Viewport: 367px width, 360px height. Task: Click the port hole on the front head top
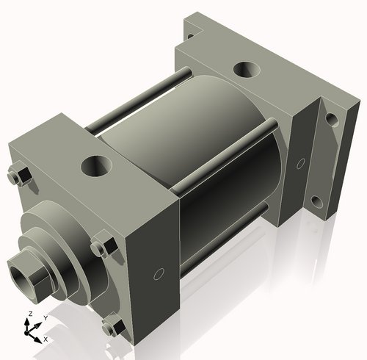point(95,165)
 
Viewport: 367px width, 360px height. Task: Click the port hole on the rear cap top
point(245,72)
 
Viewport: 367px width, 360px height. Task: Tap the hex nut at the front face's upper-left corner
point(20,176)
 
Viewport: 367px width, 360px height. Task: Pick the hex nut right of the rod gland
point(102,247)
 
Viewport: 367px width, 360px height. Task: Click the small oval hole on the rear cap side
point(300,163)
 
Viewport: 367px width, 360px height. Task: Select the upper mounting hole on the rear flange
point(331,118)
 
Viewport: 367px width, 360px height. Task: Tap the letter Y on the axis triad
point(46,318)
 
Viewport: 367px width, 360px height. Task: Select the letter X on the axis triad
point(46,339)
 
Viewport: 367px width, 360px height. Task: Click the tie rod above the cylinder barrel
point(139,99)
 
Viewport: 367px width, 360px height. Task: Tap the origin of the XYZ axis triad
point(31,332)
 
